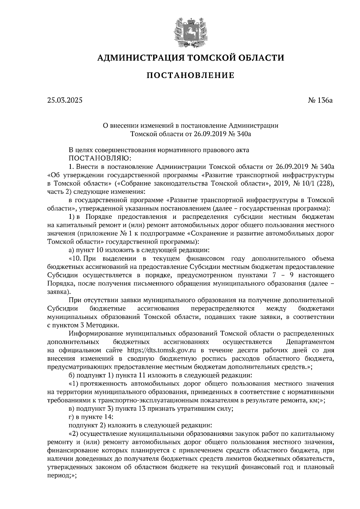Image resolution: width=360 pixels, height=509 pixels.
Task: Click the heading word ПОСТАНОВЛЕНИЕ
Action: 190,76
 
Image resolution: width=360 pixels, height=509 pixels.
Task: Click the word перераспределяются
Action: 222,308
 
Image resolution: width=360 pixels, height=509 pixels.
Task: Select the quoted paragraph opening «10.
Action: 75,258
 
